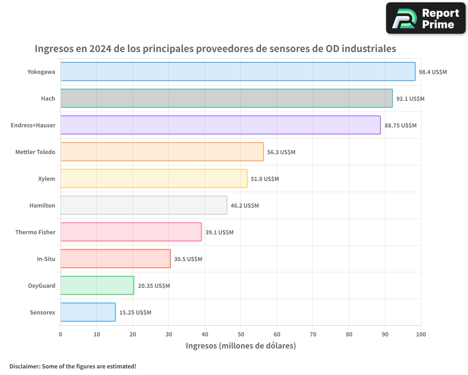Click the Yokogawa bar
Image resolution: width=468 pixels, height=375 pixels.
coord(238,72)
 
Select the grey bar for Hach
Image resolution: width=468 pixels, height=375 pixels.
coord(227,98)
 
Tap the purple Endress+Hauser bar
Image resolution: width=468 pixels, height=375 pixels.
coord(220,125)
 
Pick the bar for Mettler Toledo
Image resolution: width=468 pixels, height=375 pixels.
coord(162,152)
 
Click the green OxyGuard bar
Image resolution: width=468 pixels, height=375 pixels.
coord(97,285)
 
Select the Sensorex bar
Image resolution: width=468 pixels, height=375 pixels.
coord(88,312)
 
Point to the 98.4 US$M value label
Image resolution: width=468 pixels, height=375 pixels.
coord(433,72)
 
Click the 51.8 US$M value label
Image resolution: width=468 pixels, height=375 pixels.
coord(265,179)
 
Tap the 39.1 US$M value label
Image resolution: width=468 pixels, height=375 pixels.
coord(219,232)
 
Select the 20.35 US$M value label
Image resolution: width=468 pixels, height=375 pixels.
coord(154,286)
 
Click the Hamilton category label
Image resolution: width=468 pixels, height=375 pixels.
coord(42,206)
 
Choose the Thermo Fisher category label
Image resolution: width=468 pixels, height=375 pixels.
coord(35,232)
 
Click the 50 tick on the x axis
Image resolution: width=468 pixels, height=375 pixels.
coord(241,334)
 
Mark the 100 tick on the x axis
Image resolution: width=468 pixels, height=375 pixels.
coord(421,334)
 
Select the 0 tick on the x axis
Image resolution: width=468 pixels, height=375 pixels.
coord(60,334)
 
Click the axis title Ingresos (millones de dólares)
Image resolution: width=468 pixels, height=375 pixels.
coord(241,346)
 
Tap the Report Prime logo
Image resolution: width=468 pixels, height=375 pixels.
coord(426,18)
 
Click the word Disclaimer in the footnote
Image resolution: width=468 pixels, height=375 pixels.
coord(24,367)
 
